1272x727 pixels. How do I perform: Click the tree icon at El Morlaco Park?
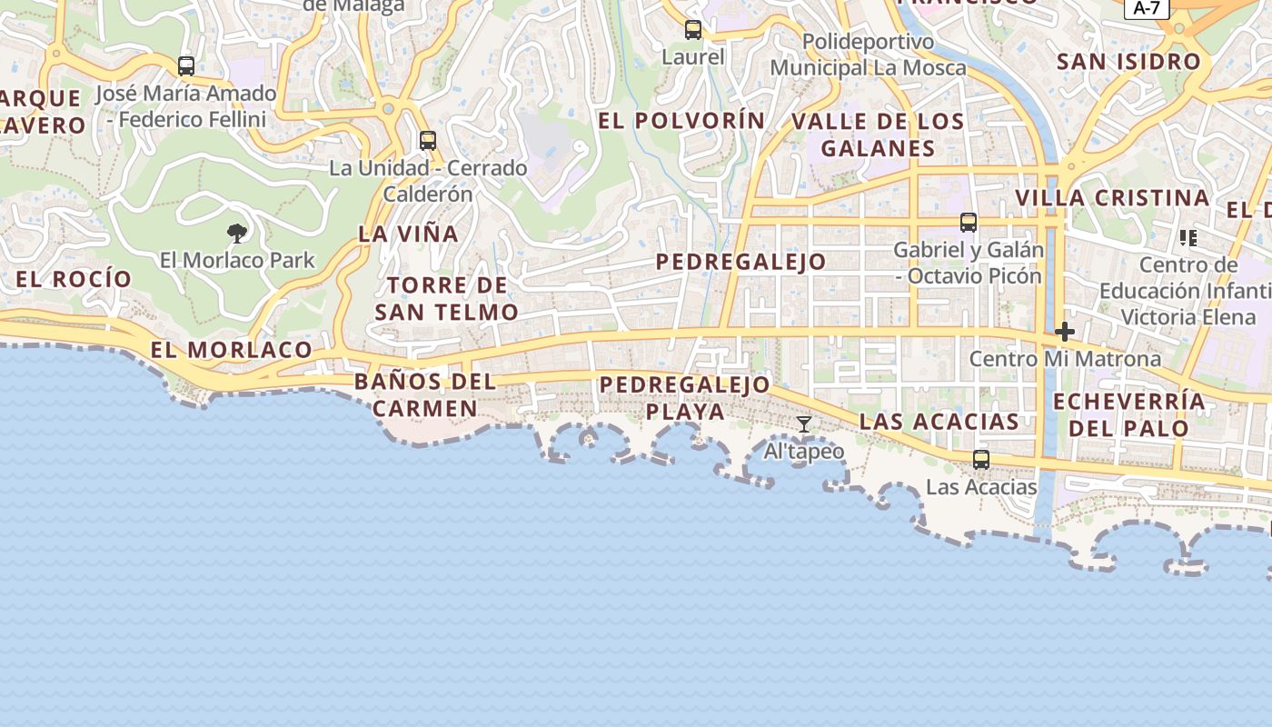[x=237, y=234]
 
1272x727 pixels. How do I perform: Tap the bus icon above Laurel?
[x=693, y=30]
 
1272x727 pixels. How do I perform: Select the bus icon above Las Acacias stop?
[x=981, y=460]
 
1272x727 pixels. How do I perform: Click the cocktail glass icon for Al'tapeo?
[x=804, y=424]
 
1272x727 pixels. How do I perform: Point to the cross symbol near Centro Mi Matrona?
[x=1065, y=332]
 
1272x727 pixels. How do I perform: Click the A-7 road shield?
[x=1147, y=8]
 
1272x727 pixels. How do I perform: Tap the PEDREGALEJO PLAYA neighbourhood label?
[x=685, y=398]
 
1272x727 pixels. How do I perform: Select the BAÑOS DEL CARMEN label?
[x=425, y=394]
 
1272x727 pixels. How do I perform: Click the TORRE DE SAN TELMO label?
[x=446, y=299]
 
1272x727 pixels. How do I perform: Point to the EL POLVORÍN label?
[x=681, y=120]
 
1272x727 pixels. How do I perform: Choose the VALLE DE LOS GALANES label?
[x=878, y=134]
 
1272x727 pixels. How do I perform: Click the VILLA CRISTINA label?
[x=1112, y=197]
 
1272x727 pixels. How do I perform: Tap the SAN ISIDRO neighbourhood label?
[x=1128, y=62]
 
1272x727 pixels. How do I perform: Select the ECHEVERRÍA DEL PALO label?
[x=1128, y=414]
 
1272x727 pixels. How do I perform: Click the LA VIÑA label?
[x=408, y=234]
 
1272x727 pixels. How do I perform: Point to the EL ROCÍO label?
[x=74, y=279]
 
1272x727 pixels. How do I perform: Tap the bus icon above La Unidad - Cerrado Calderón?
[x=428, y=141]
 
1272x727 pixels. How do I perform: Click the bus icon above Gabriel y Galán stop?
[x=969, y=223]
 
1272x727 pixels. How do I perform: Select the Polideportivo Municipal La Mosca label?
[x=868, y=55]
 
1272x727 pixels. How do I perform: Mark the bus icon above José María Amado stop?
[x=186, y=66]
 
